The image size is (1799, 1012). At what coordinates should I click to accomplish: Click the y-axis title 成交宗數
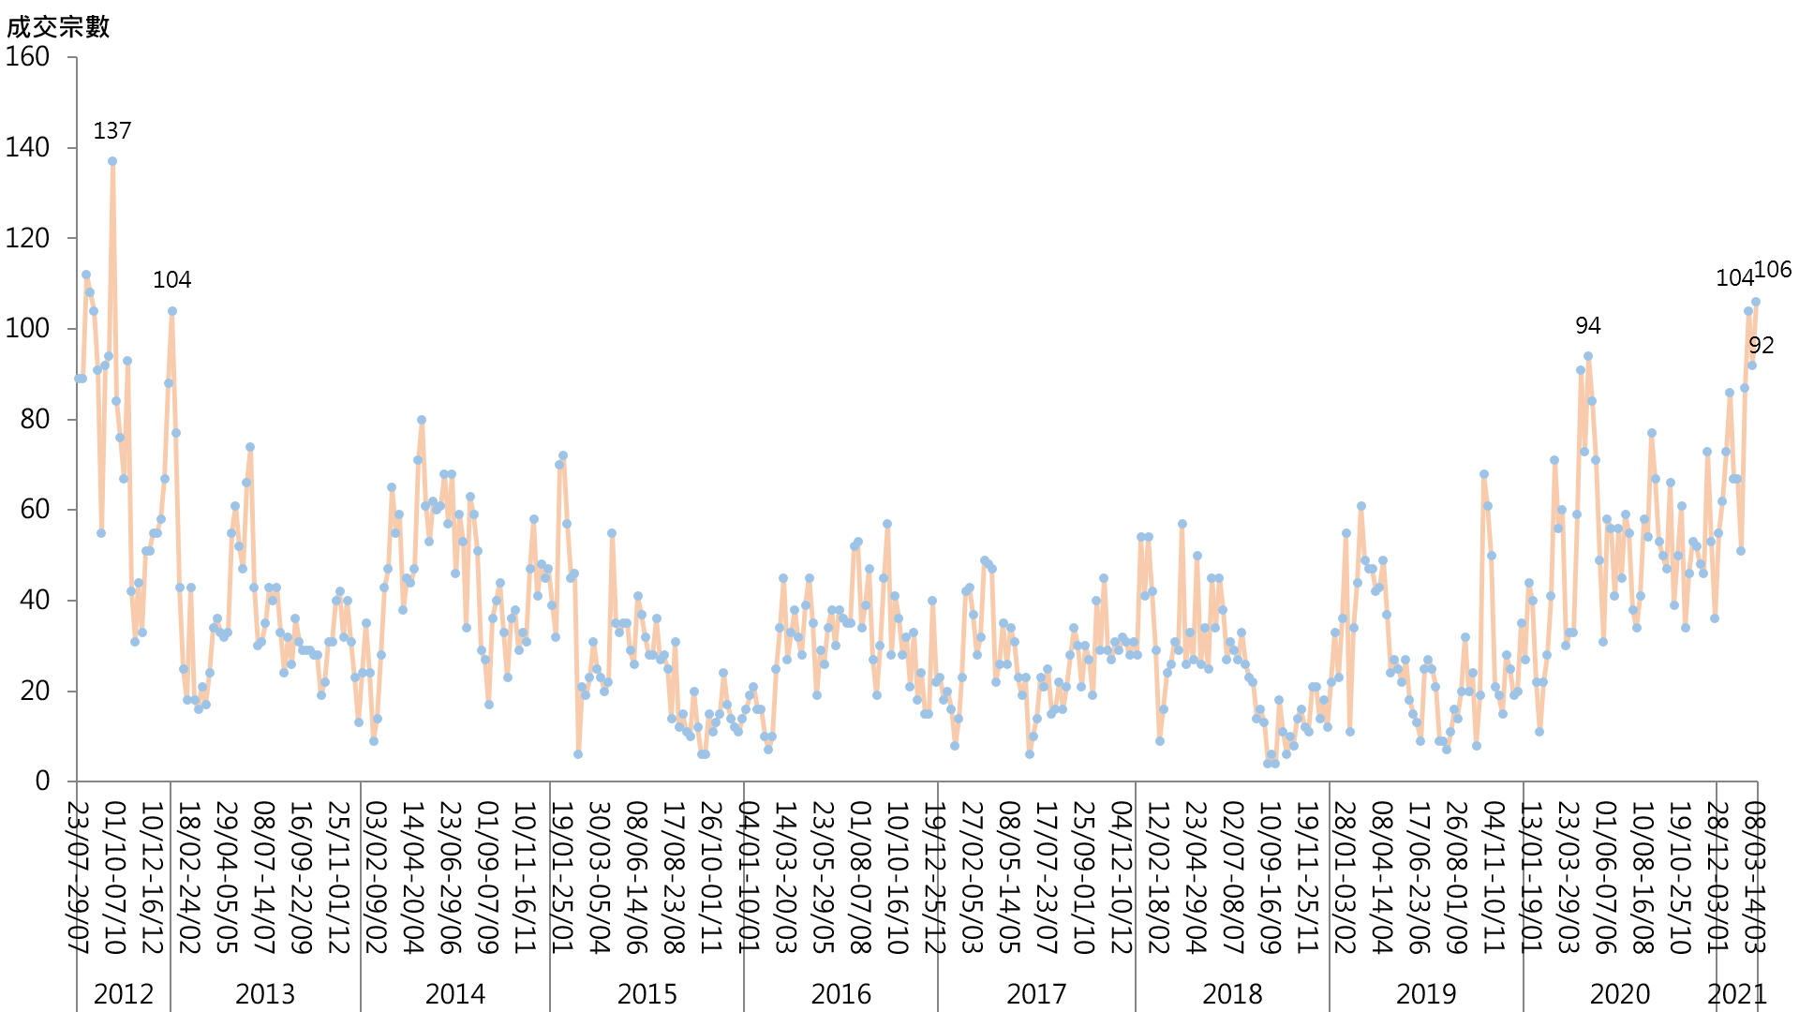[x=58, y=26]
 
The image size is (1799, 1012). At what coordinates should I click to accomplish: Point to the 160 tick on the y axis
[x=28, y=57]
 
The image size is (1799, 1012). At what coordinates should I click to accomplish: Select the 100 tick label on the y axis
[x=28, y=329]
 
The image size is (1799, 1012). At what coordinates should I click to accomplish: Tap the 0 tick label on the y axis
[x=42, y=781]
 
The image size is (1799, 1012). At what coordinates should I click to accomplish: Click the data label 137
[x=112, y=131]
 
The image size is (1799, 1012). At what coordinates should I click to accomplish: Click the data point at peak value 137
[x=112, y=161]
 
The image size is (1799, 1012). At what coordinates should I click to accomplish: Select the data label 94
[x=1588, y=326]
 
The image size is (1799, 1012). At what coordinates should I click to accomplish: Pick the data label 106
[x=1773, y=270]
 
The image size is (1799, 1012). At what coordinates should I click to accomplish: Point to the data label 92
[x=1762, y=346]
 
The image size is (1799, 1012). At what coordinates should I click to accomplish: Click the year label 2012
[x=124, y=994]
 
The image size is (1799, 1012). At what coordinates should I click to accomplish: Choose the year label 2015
[x=647, y=994]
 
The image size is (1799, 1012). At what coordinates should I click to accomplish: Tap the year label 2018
[x=1232, y=994]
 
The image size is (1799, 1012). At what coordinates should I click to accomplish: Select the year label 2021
[x=1737, y=994]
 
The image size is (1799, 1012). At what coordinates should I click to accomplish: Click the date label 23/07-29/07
[x=80, y=877]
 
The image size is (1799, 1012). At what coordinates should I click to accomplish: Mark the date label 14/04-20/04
[x=412, y=877]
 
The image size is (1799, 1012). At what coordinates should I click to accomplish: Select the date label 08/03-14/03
[x=1755, y=877]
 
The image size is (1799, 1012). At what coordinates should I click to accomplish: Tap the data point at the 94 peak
[x=1588, y=356]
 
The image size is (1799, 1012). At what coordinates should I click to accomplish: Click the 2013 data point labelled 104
[x=172, y=311]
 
